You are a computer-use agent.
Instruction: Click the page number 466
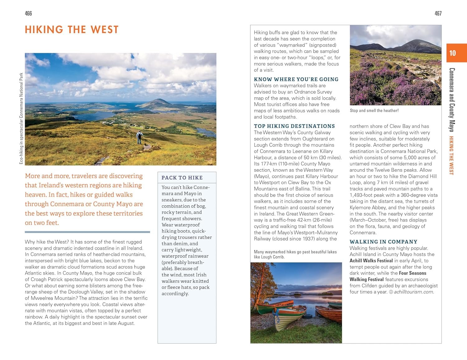[28, 13]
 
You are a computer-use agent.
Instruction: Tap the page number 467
[438, 13]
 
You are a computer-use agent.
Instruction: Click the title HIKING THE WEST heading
[72, 30]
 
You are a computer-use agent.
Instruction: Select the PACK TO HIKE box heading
[182, 178]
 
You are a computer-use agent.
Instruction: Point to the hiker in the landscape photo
[139, 137]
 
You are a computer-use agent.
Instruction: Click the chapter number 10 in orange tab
[452, 53]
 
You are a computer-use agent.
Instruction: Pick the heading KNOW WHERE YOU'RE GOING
[296, 79]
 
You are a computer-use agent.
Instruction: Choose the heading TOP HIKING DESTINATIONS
[294, 126]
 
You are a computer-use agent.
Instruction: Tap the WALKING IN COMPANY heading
[383, 242]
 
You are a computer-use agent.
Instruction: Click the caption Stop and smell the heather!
[374, 110]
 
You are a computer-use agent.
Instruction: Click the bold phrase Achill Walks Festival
[371, 261]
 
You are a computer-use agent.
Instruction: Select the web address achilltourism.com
[414, 292]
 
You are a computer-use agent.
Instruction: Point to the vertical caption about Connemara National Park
[21, 118]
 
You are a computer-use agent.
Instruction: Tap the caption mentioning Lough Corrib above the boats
[295, 254]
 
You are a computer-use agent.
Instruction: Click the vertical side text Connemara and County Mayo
[452, 100]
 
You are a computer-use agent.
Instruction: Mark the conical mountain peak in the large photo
[159, 101]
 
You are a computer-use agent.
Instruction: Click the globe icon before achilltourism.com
[391, 292]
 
